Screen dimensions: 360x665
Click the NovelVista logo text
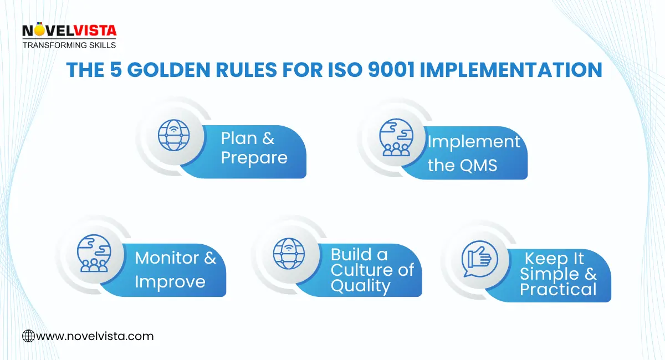(x=69, y=31)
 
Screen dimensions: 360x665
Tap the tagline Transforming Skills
(x=69, y=45)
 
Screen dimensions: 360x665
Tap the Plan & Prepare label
(x=254, y=148)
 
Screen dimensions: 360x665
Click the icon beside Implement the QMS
(x=396, y=137)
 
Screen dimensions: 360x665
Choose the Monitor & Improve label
(x=176, y=270)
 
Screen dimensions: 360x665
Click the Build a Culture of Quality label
(x=372, y=270)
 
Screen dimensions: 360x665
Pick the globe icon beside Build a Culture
(x=289, y=253)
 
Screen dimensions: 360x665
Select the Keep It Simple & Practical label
(x=558, y=274)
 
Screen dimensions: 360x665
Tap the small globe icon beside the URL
(x=28, y=336)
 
